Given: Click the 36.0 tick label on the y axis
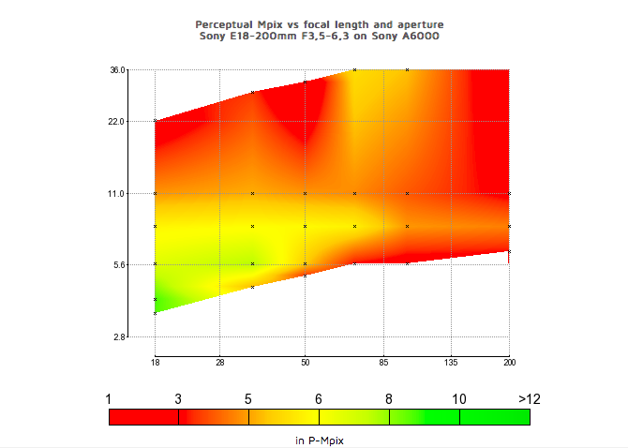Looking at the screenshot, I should [x=117, y=69].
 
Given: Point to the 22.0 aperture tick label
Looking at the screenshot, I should [x=117, y=121].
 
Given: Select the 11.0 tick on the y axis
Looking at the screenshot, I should [x=117, y=193].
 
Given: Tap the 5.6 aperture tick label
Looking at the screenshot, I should [x=119, y=264].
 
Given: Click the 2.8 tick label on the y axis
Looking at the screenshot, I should [x=119, y=336].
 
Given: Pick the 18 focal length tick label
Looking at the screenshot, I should [x=155, y=361].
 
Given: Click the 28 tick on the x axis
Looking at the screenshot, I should [x=219, y=361].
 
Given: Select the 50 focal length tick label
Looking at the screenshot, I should [x=305, y=361].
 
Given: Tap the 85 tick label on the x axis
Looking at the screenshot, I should [x=383, y=361].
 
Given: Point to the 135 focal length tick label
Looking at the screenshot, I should [x=451, y=361].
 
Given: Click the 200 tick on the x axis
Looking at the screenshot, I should [x=509, y=361].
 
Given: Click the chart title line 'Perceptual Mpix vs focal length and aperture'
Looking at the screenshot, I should [x=320, y=23].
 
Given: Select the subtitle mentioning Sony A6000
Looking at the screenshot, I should [x=320, y=36].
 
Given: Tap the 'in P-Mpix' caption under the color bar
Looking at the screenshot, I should [x=320, y=438].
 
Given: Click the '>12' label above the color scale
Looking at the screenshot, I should [x=530, y=398].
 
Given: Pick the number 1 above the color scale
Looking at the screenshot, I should [x=110, y=398].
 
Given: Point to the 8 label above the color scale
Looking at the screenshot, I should [x=389, y=398].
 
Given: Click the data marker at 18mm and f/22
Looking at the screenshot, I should [x=155, y=121].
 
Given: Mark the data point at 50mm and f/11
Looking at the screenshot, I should [x=305, y=193].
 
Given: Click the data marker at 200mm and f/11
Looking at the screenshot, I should [x=509, y=193].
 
